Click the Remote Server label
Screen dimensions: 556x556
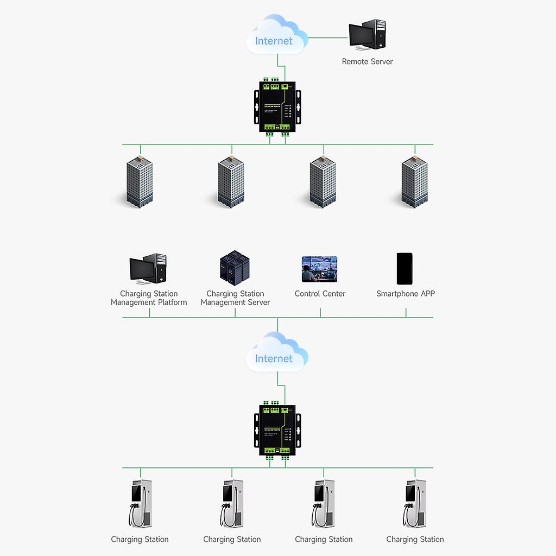click(367, 61)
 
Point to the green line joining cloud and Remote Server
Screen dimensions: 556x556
click(328, 38)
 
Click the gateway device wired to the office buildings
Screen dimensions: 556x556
click(277, 108)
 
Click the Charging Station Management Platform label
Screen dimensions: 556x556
click(149, 298)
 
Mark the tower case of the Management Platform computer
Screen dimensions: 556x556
click(159, 267)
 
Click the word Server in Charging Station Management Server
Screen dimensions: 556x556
click(257, 302)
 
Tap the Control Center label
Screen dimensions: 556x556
click(320, 294)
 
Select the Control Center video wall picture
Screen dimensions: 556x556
click(319, 269)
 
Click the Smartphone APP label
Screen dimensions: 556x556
click(406, 294)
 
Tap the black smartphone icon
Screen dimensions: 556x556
click(405, 269)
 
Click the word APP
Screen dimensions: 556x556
click(427, 294)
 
